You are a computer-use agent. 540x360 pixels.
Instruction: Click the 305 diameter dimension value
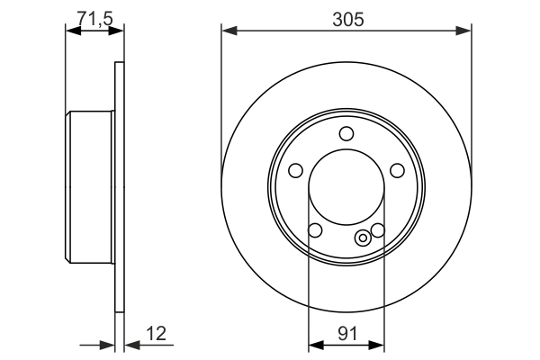346,18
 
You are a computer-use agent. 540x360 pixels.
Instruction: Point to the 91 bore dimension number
346,332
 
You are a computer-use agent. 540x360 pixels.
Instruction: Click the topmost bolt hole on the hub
346,134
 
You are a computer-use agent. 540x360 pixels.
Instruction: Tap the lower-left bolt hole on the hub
315,231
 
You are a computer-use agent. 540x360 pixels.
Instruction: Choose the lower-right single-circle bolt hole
378,230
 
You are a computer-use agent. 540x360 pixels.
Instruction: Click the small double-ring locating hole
363,238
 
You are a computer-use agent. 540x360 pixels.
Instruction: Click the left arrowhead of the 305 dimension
228,31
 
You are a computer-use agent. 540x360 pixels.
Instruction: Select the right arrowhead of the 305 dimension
465,31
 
